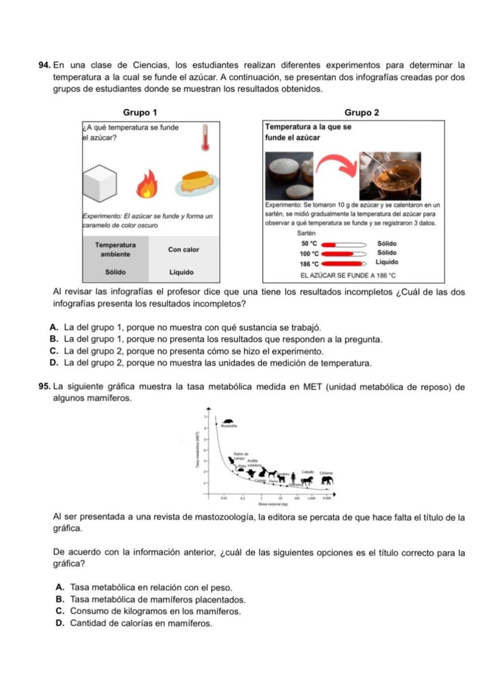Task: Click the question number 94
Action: click(45, 66)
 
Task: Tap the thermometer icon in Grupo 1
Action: click(205, 138)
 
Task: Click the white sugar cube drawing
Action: click(99, 184)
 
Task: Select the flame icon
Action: click(147, 184)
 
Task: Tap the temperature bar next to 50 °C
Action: click(343, 244)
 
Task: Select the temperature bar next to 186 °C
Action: click(343, 264)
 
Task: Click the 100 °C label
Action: click(309, 254)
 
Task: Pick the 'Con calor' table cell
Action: click(183, 250)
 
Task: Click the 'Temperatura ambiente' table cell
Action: click(115, 250)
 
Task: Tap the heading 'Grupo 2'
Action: click(362, 112)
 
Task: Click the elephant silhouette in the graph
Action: click(327, 480)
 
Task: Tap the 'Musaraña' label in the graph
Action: click(229, 426)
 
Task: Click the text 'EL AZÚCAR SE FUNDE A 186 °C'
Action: click(348, 275)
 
